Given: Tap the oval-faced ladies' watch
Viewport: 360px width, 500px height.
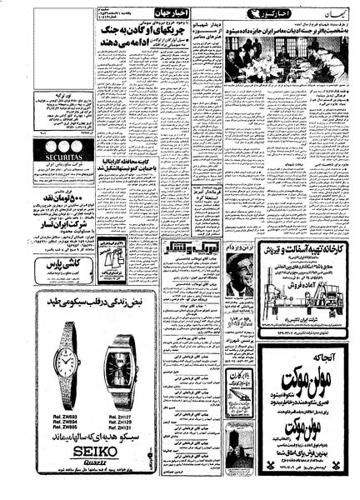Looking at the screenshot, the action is click(x=65, y=362).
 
